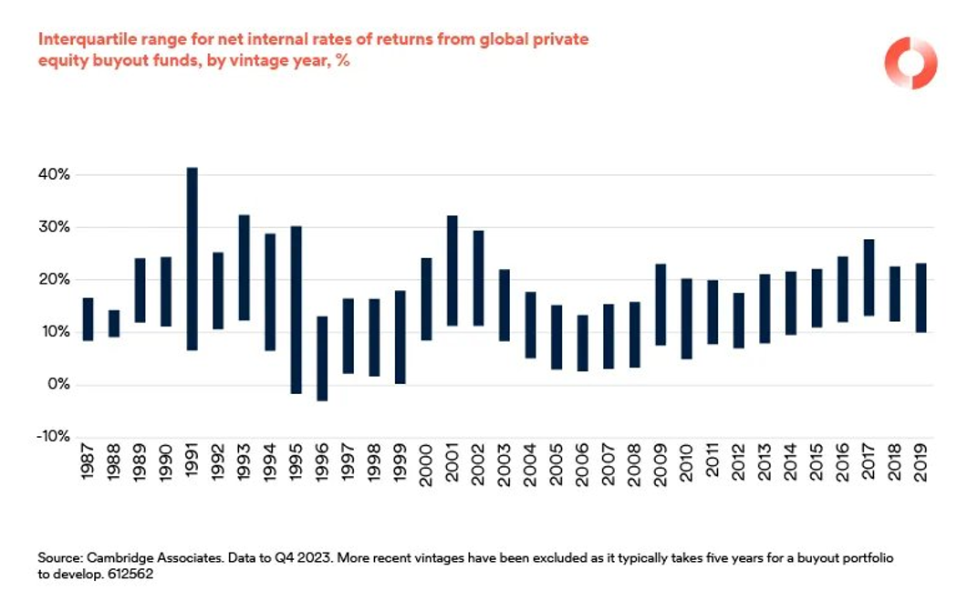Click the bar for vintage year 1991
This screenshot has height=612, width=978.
point(192,259)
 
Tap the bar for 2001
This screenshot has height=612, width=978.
point(453,271)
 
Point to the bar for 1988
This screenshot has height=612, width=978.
point(114,324)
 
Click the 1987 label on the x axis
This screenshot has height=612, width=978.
point(88,468)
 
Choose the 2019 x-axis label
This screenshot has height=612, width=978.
point(921,468)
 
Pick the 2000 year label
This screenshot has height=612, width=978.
point(426,468)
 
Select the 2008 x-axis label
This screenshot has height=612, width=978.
point(635,468)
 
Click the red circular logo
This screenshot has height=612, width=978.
point(910,63)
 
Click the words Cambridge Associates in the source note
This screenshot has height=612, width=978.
point(136,555)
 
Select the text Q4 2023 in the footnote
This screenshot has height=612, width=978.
point(268,555)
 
